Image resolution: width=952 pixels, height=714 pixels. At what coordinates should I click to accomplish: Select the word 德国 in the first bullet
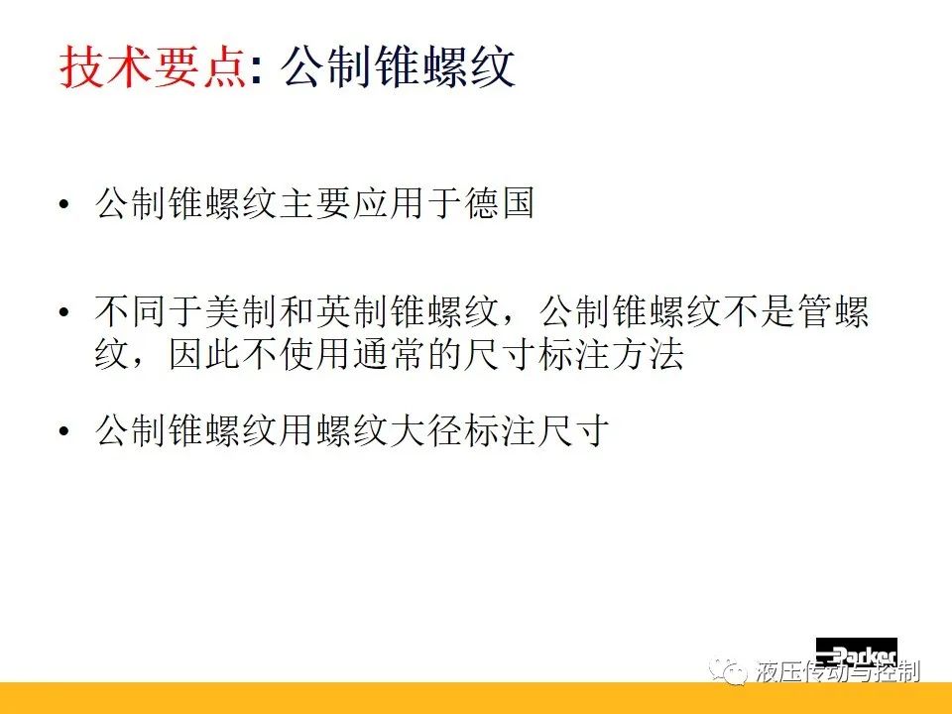[499, 202]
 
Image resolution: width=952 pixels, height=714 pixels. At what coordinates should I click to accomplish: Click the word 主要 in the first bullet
[314, 202]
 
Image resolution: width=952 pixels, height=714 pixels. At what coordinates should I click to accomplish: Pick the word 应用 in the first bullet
[389, 202]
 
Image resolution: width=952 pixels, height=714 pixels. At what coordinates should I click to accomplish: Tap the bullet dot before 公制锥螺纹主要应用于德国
[64, 204]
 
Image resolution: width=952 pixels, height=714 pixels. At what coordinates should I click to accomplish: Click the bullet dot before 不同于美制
[64, 313]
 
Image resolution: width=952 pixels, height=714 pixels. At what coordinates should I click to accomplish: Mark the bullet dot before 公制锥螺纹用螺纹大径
[64, 431]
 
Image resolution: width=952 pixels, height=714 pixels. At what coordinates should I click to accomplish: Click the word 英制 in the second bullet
[351, 311]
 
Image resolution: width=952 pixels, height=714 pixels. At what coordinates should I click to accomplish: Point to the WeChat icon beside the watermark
[729, 671]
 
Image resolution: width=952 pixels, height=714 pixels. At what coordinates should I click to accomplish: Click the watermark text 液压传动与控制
[838, 672]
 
